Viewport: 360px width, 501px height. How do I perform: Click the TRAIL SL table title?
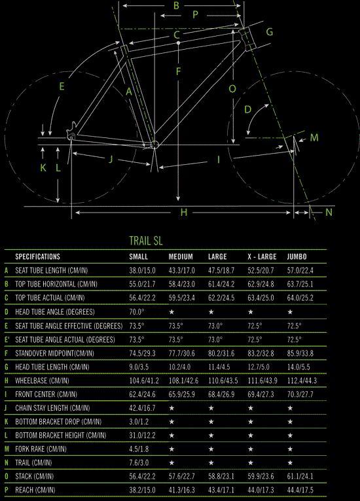pos(146,241)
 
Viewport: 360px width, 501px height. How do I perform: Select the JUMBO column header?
pos(297,256)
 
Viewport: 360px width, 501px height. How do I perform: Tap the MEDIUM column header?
pos(181,256)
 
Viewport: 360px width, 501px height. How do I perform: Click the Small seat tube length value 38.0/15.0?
pos(142,270)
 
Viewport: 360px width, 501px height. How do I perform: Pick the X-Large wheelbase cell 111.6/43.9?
pos(262,381)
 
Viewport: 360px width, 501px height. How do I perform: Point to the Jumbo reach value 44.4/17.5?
pos(300,490)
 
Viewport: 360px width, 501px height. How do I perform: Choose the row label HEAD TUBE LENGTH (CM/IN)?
pos(52,367)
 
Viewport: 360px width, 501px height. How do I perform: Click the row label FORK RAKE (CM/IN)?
pos(41,449)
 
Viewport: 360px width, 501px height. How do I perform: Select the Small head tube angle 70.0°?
pos(137,311)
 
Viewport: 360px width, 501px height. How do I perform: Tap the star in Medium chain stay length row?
pos(171,408)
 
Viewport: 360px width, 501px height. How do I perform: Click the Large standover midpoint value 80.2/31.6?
pos(221,353)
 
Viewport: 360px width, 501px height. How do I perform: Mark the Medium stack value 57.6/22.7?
pos(181,476)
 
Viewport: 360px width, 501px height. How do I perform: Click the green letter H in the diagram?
pos(183,212)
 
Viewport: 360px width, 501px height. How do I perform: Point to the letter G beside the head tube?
pos(270,32)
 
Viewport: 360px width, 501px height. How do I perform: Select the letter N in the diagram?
pos(329,212)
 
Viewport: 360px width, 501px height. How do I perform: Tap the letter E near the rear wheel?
pos(62,86)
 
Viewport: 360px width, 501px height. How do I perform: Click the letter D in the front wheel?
pos(248,110)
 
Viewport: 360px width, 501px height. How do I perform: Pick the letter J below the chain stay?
pos(111,159)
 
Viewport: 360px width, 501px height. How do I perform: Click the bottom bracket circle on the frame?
pos(154,145)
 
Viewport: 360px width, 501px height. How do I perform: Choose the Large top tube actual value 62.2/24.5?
pos(221,298)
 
